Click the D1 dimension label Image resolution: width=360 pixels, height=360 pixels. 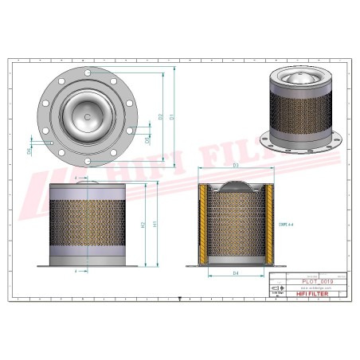click(172, 117)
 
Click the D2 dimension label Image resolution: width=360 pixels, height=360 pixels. click(159, 117)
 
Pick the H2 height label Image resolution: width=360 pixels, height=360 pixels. click(143, 225)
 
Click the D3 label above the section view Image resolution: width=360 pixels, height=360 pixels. click(236, 166)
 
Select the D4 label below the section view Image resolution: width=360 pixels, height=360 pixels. click(236, 274)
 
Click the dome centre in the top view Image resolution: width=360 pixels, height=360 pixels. click(88, 116)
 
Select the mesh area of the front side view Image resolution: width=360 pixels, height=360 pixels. click(88, 226)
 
